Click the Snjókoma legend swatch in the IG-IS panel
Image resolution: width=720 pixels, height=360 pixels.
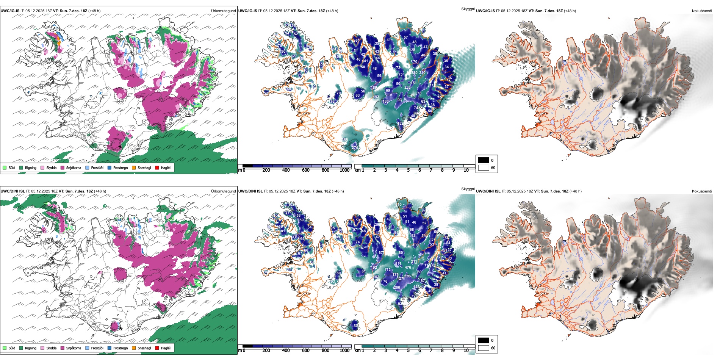pyautogui.click(x=63, y=167)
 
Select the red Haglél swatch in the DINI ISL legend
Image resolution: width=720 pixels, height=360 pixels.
pyautogui.click(x=157, y=348)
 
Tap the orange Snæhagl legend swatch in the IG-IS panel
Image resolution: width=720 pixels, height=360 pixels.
pyautogui.click(x=134, y=167)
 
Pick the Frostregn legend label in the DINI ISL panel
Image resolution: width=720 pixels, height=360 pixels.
pyautogui.click(x=121, y=348)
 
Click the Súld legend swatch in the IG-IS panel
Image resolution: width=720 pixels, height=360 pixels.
pyautogui.click(x=5, y=167)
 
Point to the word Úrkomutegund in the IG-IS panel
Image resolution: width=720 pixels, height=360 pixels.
pyautogui.click(x=223, y=11)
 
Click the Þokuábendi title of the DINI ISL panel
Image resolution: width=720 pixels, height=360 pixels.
pyautogui.click(x=702, y=191)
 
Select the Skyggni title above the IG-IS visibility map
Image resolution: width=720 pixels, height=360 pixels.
pyautogui.click(x=468, y=9)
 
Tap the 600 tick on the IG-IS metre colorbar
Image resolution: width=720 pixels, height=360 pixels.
pyautogui.click(x=306, y=170)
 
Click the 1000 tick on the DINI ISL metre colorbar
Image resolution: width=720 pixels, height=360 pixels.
pyautogui.click(x=344, y=351)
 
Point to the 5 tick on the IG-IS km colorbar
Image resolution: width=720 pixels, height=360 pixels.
pyautogui.click(x=409, y=170)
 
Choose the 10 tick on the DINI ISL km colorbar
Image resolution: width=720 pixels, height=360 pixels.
pyautogui.click(x=466, y=351)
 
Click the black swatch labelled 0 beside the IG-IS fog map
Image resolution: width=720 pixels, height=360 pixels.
pyautogui.click(x=484, y=160)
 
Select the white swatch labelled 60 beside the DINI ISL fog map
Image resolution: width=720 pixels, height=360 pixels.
pyautogui.click(x=484, y=348)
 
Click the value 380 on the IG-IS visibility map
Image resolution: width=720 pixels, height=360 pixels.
pyautogui.click(x=414, y=73)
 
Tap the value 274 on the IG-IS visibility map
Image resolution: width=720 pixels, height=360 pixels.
pyautogui.click(x=355, y=148)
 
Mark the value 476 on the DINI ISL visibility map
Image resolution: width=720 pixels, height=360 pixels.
pyautogui.click(x=408, y=268)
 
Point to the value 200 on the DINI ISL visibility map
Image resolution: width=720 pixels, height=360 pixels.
pyautogui.click(x=397, y=288)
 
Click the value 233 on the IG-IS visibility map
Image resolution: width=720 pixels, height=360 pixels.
pyautogui.click(x=407, y=88)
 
